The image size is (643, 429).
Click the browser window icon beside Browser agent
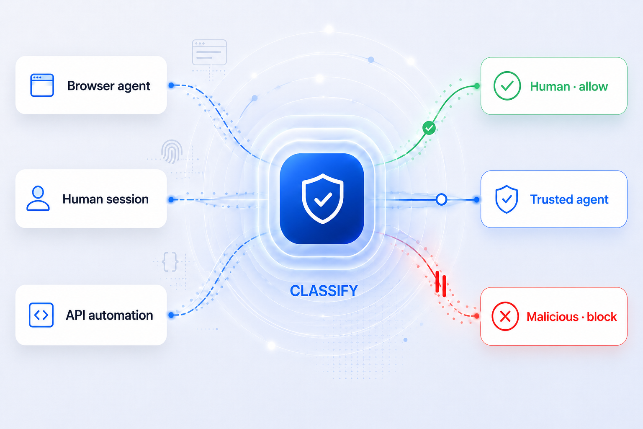click(42, 85)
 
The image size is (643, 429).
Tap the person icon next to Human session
click(38, 198)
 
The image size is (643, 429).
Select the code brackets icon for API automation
click(41, 315)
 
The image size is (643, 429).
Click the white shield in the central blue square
click(322, 199)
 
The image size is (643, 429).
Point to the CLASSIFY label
click(324, 290)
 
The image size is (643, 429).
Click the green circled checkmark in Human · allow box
click(507, 85)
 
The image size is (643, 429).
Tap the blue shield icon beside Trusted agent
click(507, 199)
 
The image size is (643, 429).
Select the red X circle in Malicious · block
click(505, 316)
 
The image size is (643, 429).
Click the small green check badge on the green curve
click(429, 128)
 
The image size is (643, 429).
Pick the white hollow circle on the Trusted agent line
click(441, 199)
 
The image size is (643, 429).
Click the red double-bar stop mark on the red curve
click(441, 284)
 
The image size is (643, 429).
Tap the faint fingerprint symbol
click(172, 151)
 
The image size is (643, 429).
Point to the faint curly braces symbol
click(170, 262)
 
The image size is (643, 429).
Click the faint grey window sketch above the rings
click(209, 52)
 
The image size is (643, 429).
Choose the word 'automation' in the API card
click(121, 315)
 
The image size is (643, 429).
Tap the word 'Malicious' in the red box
click(553, 317)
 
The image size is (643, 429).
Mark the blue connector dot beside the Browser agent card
click(171, 85)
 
